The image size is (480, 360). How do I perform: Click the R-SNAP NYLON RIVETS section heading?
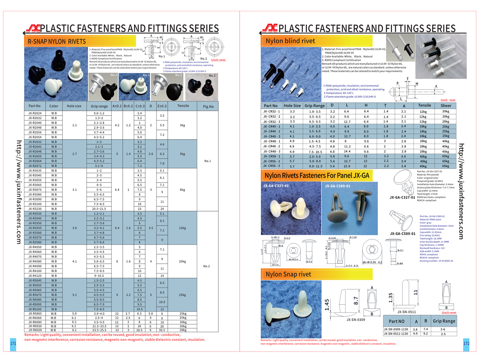click(x=56, y=41)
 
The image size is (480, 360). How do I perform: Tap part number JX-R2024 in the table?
click(x=35, y=113)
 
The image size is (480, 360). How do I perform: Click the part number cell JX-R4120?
click(x=35, y=276)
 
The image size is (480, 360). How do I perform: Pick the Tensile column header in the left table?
click(x=183, y=106)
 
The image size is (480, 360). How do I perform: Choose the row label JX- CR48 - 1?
click(x=272, y=141)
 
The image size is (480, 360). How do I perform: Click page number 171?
click(x=12, y=344)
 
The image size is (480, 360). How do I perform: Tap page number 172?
click(x=466, y=343)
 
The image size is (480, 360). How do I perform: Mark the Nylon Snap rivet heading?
click(x=288, y=274)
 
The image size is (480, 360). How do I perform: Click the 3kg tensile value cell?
click(x=183, y=125)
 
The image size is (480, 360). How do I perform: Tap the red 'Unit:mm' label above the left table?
click(x=218, y=60)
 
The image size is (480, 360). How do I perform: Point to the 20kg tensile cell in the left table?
click(x=183, y=261)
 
